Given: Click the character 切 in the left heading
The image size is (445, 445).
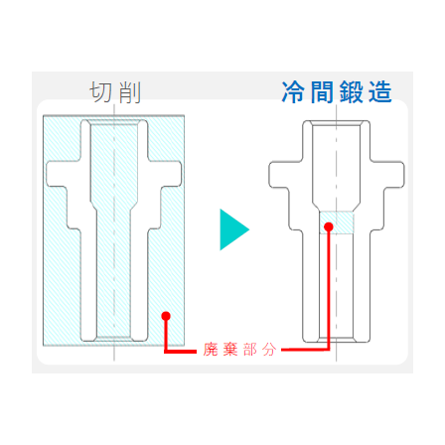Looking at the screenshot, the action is click(x=100, y=92).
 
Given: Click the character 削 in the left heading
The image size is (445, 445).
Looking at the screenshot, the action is click(x=130, y=92).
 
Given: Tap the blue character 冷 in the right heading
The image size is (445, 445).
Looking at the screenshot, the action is click(x=293, y=91).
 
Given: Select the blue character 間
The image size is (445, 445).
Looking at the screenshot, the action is click(x=322, y=92).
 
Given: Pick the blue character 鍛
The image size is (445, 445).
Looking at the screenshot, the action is click(x=352, y=92).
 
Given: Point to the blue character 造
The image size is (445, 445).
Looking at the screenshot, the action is click(x=380, y=92).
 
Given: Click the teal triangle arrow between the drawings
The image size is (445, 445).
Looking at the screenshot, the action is click(x=234, y=229).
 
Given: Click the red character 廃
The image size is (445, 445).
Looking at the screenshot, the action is click(x=211, y=350).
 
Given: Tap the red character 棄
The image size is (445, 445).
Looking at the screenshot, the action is click(x=230, y=350).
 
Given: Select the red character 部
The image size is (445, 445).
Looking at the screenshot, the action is click(x=249, y=350).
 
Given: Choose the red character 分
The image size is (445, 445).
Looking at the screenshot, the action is click(x=269, y=350).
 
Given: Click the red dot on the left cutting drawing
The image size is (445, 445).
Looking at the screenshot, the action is click(x=166, y=316).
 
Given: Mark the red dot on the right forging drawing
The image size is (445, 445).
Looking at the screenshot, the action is click(x=329, y=226).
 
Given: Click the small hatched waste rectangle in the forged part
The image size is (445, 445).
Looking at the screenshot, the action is click(x=337, y=222).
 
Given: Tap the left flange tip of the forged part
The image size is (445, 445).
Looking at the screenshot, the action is click(x=270, y=175).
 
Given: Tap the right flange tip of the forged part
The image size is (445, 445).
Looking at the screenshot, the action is click(x=403, y=175).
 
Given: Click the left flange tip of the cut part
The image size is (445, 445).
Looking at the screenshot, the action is click(x=48, y=174).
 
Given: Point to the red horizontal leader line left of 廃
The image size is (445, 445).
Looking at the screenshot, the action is click(x=181, y=352).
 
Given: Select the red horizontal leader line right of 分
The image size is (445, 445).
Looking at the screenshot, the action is click(x=305, y=350).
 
